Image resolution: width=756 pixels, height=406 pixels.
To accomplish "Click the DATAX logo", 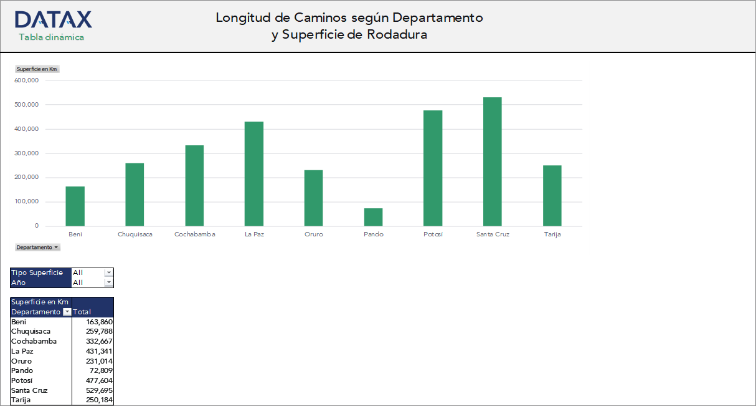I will [x=54, y=19].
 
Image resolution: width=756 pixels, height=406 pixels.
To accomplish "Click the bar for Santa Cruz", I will [x=492, y=162].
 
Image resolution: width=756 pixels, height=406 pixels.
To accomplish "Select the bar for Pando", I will [x=373, y=217].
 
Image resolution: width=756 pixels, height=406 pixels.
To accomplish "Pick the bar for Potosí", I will [x=433, y=168].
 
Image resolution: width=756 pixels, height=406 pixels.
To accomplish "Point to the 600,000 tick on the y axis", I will [x=26, y=80].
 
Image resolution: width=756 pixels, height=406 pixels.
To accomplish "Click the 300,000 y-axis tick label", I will [x=26, y=153].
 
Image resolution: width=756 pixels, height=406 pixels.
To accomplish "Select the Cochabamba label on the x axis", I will [x=194, y=234].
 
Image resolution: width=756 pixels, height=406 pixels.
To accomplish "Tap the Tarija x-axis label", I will [x=552, y=234].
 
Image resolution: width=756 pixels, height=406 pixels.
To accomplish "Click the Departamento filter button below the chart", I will [x=38, y=248].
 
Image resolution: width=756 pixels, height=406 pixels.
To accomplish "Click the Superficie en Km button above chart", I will [x=37, y=69].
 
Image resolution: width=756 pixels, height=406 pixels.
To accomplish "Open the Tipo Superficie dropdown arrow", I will [x=109, y=273].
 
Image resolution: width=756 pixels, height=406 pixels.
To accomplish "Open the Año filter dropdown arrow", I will [x=109, y=283].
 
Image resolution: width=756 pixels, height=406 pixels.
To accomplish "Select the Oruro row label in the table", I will [x=21, y=361].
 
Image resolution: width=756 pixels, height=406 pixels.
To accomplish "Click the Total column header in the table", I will [x=82, y=312].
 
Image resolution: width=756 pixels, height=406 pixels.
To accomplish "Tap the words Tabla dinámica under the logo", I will [x=51, y=37].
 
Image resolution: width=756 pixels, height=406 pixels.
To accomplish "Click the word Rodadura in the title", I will [x=397, y=35].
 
